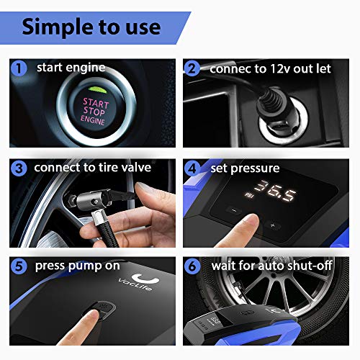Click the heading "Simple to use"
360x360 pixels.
click(x=91, y=27)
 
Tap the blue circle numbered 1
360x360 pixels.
click(x=19, y=68)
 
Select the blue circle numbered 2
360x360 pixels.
click(x=192, y=69)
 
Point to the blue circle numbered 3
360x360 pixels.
click(x=19, y=168)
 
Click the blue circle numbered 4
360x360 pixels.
click(x=192, y=168)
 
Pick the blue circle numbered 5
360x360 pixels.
click(x=19, y=266)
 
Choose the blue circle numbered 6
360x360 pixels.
click(x=192, y=266)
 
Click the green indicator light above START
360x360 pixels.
click(x=98, y=90)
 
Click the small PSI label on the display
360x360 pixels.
click(x=249, y=195)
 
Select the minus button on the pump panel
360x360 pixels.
click(x=234, y=211)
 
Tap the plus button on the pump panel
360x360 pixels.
click(x=272, y=225)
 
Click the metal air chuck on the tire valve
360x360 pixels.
click(x=92, y=198)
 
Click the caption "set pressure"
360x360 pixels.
click(x=245, y=168)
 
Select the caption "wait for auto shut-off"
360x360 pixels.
click(x=271, y=266)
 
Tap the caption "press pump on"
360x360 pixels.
click(x=77, y=266)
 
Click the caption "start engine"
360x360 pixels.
click(x=71, y=68)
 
